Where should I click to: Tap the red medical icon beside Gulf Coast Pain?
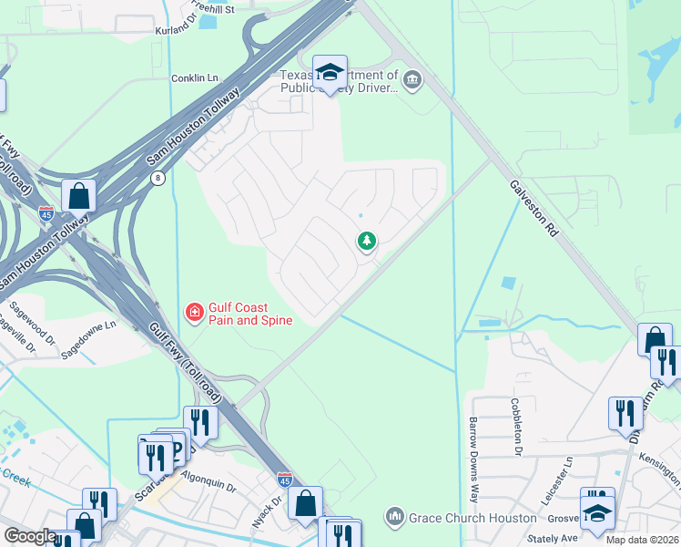click(x=194, y=314)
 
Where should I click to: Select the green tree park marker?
click(x=366, y=242)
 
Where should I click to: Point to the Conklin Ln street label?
click(x=197, y=78)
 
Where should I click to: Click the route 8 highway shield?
click(x=158, y=178)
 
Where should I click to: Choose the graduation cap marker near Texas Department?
click(x=330, y=72)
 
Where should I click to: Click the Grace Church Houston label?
click(x=473, y=518)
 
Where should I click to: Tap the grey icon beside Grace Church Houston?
click(x=394, y=518)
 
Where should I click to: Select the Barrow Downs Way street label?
click(x=473, y=448)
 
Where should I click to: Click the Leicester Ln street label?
click(x=568, y=469)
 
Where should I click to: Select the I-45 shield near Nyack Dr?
click(x=284, y=479)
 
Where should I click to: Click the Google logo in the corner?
click(x=30, y=536)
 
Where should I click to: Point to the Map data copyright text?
click(x=641, y=540)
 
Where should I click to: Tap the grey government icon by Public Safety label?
click(x=412, y=82)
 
